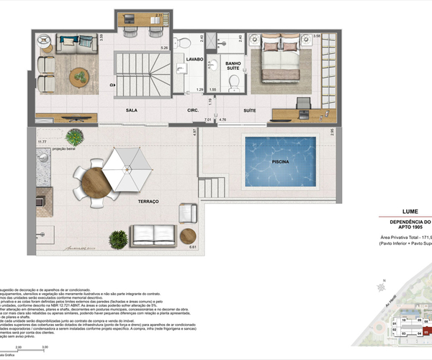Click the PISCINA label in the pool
(x=281, y=162)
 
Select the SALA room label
(x=132, y=110)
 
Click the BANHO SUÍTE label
(x=233, y=66)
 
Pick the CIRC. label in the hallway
(x=193, y=110)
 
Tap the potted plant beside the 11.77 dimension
(x=73, y=136)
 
